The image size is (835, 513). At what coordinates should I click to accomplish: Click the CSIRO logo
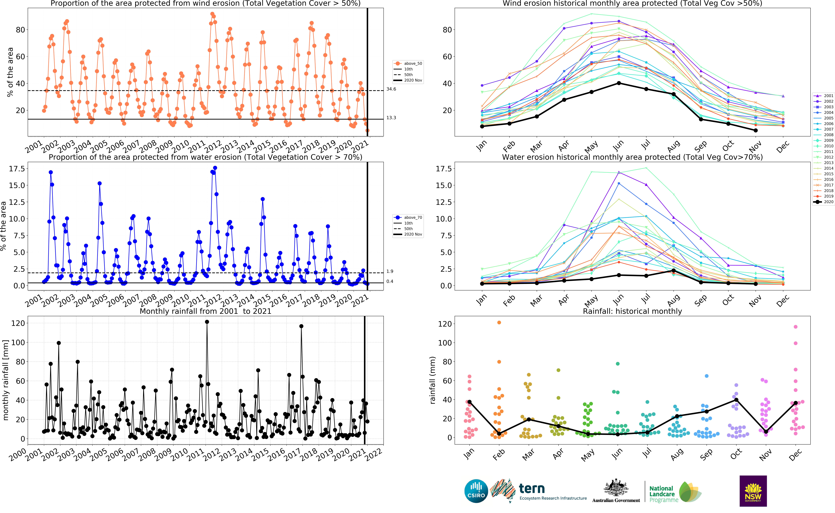click(x=476, y=491)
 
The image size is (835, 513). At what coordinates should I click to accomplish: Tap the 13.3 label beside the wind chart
click(x=391, y=118)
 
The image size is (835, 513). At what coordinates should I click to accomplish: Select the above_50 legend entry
click(x=408, y=63)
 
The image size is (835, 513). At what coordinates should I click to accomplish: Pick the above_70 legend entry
click(x=408, y=218)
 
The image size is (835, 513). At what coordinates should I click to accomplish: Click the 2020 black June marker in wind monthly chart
click(x=619, y=83)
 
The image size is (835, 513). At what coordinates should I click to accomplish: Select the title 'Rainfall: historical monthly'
click(x=632, y=311)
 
